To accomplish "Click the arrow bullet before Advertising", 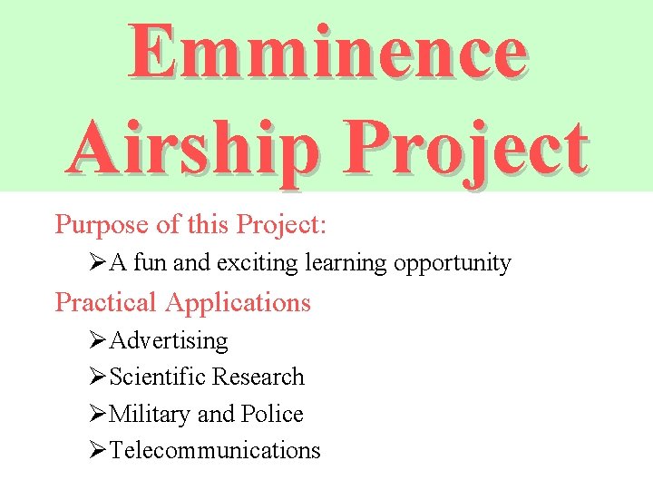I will [x=99, y=341].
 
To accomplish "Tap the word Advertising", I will [x=169, y=341].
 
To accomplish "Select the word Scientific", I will [x=157, y=377].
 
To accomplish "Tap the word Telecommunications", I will [x=215, y=450].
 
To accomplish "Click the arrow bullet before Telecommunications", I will [x=99, y=450].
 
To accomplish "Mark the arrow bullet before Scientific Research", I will [x=99, y=377].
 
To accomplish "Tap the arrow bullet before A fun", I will [x=99, y=263].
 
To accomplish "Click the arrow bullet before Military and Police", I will [x=99, y=414].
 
